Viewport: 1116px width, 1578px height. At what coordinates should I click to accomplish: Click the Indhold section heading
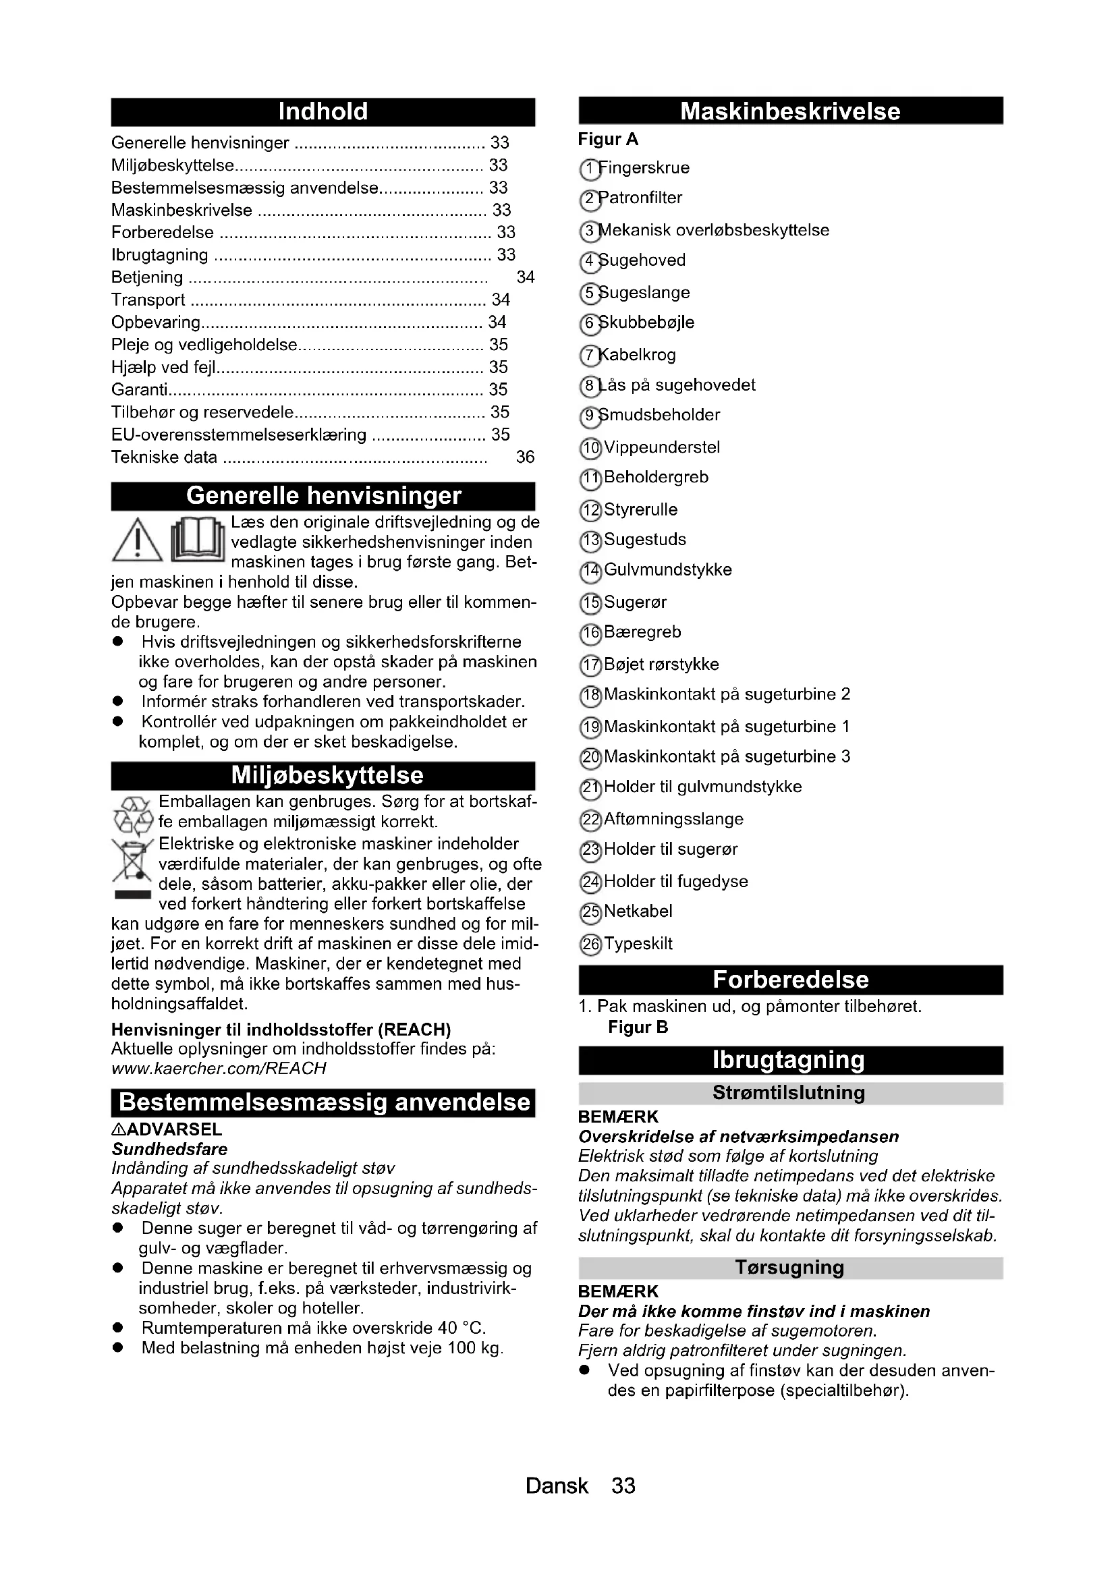(323, 112)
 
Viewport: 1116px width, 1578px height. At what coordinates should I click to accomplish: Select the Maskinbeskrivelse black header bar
(790, 111)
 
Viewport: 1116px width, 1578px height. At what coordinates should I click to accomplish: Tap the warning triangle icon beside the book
(138, 540)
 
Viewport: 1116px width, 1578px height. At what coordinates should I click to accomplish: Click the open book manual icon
(198, 540)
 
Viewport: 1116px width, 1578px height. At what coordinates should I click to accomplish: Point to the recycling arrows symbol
(132, 812)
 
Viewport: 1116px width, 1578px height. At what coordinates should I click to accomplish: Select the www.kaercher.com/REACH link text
(219, 1068)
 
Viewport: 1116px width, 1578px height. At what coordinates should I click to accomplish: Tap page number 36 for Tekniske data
(525, 457)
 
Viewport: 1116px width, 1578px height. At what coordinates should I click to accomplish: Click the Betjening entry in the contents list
(147, 277)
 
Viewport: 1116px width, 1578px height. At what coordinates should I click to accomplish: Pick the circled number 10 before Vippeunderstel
(590, 449)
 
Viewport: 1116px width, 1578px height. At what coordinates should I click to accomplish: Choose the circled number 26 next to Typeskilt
(590, 945)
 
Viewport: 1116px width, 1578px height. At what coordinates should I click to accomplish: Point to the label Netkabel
(638, 911)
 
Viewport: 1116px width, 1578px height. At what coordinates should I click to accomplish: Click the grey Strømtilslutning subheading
(790, 1093)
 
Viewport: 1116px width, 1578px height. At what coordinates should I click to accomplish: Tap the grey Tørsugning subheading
(790, 1268)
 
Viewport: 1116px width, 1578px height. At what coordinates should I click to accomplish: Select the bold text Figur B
(638, 1027)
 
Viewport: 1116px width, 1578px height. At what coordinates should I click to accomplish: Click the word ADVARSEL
(175, 1129)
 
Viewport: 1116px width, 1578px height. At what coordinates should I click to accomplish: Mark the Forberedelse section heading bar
(790, 980)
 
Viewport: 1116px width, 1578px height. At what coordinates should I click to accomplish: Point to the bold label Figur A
(608, 140)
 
